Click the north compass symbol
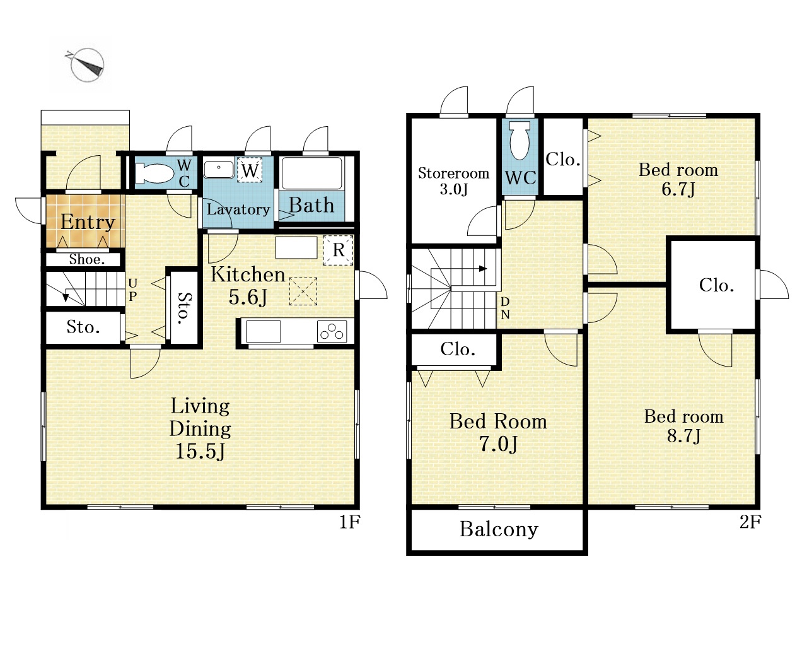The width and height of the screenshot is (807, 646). [87, 65]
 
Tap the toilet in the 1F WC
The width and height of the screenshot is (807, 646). [154, 173]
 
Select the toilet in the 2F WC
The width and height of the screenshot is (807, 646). [520, 140]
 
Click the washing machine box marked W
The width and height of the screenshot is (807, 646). [250, 170]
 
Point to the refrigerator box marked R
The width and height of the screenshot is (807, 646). [339, 250]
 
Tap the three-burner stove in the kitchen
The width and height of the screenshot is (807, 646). [332, 331]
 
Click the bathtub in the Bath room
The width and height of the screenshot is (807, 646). [312, 173]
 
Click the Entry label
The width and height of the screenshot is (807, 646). [88, 222]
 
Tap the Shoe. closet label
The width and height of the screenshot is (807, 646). [87, 259]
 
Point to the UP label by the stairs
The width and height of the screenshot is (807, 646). [133, 290]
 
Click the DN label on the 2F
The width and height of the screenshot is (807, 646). [505, 308]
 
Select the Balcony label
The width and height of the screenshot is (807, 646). [499, 530]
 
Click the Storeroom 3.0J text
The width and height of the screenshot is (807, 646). [454, 181]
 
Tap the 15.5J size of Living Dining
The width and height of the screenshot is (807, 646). [200, 451]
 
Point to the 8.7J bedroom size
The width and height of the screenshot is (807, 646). [683, 436]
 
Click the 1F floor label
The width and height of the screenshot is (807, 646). [349, 522]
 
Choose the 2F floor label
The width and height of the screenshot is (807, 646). [750, 522]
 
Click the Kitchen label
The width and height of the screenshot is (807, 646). [248, 274]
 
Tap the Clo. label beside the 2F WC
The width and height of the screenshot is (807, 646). [563, 160]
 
